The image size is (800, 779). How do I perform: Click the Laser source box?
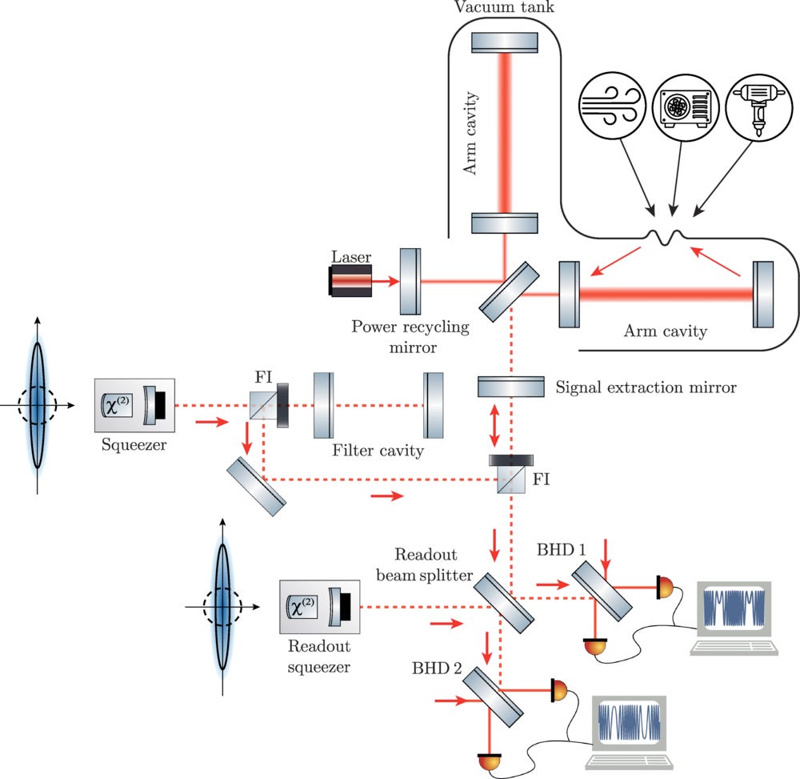pos(350,280)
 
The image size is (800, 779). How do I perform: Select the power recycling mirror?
pos(410,281)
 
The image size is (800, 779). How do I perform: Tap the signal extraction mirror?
pos(510,387)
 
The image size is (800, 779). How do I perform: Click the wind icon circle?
pos(612,106)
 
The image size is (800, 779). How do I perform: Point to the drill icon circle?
pos(759,107)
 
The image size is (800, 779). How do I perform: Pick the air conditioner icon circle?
pos(686,107)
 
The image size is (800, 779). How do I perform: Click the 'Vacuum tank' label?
pos(503,6)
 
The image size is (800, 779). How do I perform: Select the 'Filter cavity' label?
pos(378,450)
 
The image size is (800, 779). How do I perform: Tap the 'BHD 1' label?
pos(561,549)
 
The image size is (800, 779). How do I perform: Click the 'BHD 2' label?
pos(437,668)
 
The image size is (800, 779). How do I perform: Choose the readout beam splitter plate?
pos(503,603)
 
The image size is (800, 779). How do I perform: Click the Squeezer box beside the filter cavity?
pos(134,405)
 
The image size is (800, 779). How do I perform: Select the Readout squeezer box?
pos(319,606)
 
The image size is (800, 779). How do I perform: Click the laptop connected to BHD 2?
pos(629,732)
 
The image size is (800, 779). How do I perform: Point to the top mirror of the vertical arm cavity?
pos(505,42)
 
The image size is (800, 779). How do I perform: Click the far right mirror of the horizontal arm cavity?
pos(763,294)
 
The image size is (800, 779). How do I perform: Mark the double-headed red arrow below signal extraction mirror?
pos(494,425)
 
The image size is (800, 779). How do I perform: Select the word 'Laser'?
pos(351,257)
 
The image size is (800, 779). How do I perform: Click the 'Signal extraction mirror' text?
pos(646,387)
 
